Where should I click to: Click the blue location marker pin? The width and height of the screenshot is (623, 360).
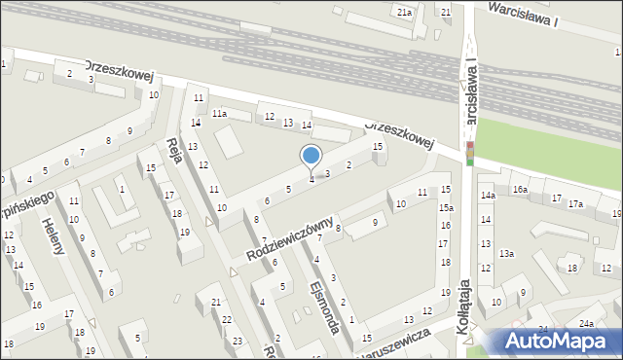tap(311, 157)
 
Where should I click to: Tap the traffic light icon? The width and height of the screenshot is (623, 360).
tap(469, 153)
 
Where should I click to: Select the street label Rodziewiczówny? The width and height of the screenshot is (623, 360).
tap(291, 237)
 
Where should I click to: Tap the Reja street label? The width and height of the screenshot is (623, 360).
tap(176, 152)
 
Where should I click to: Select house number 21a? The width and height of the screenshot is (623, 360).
tap(404, 11)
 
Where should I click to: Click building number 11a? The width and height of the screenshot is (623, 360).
tap(220, 114)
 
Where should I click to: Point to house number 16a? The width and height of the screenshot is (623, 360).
tap(521, 189)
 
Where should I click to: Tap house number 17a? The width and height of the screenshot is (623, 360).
tap(576, 203)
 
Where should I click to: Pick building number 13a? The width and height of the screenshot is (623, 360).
tap(506, 253)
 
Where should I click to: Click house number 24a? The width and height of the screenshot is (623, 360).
tap(586, 323)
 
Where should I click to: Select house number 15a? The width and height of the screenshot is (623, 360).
tap(445, 208)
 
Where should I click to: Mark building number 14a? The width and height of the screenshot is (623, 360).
tap(487, 196)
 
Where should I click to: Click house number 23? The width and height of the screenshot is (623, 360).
tap(238, 341)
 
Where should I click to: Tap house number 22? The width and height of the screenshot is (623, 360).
tap(227, 319)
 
